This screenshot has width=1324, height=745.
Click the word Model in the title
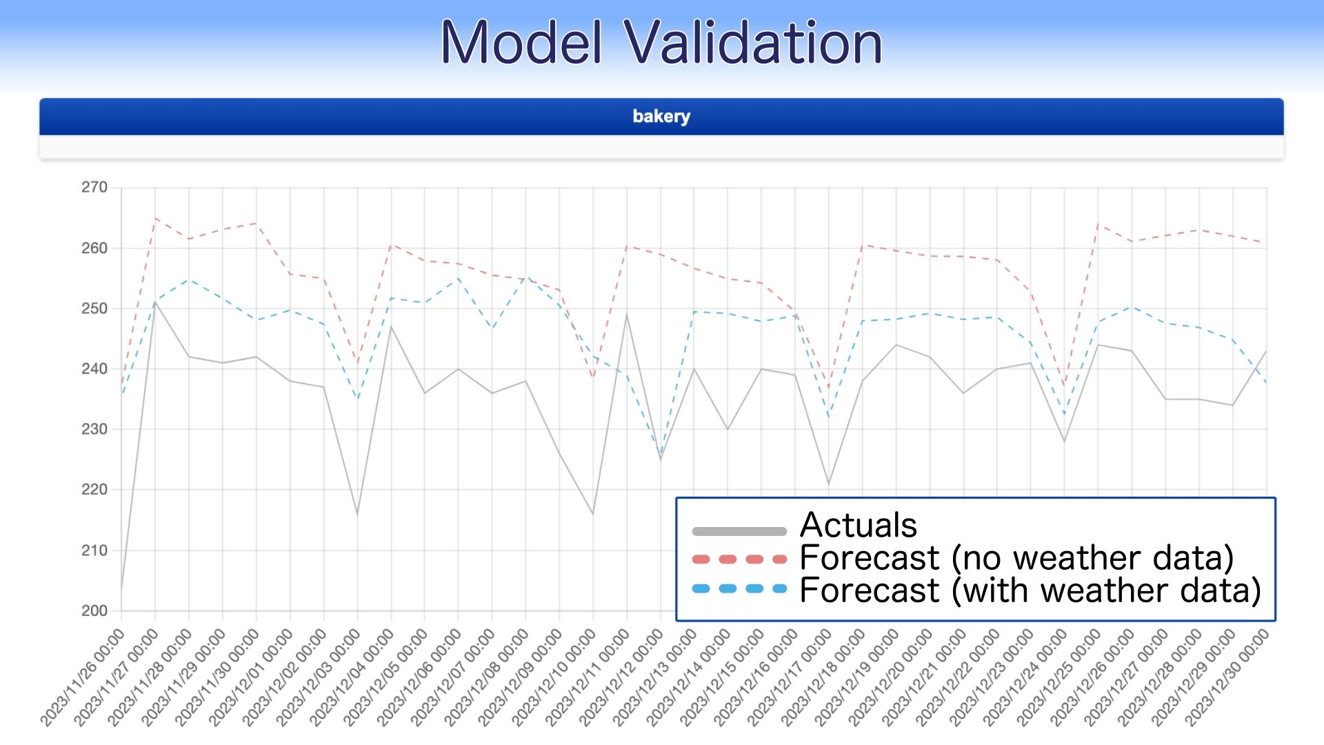pos(521,43)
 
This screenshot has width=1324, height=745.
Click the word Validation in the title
pos(753,43)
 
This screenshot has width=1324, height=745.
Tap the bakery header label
pos(661,117)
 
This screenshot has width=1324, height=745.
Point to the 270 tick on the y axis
pos(94,188)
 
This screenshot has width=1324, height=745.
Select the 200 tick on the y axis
pos(94,610)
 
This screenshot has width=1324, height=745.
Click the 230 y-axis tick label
pos(94,429)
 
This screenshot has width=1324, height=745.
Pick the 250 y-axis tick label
pos(94,308)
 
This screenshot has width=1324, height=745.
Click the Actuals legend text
pos(859,525)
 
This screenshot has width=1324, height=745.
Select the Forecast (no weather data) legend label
pos(1016,557)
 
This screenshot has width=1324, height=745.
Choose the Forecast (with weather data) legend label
pos(1030,590)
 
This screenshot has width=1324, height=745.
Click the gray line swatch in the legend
pos(739,531)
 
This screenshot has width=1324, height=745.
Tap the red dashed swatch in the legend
pos(739,559)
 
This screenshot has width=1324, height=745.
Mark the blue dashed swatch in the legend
pos(739,588)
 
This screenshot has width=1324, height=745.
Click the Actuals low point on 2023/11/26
pos(122,590)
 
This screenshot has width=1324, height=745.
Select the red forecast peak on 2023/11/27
pos(155,218)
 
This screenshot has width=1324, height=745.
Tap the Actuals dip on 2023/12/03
pos(357,514)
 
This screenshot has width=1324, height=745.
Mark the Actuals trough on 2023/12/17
pos(829,484)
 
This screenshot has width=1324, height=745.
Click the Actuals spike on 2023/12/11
pos(627,314)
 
